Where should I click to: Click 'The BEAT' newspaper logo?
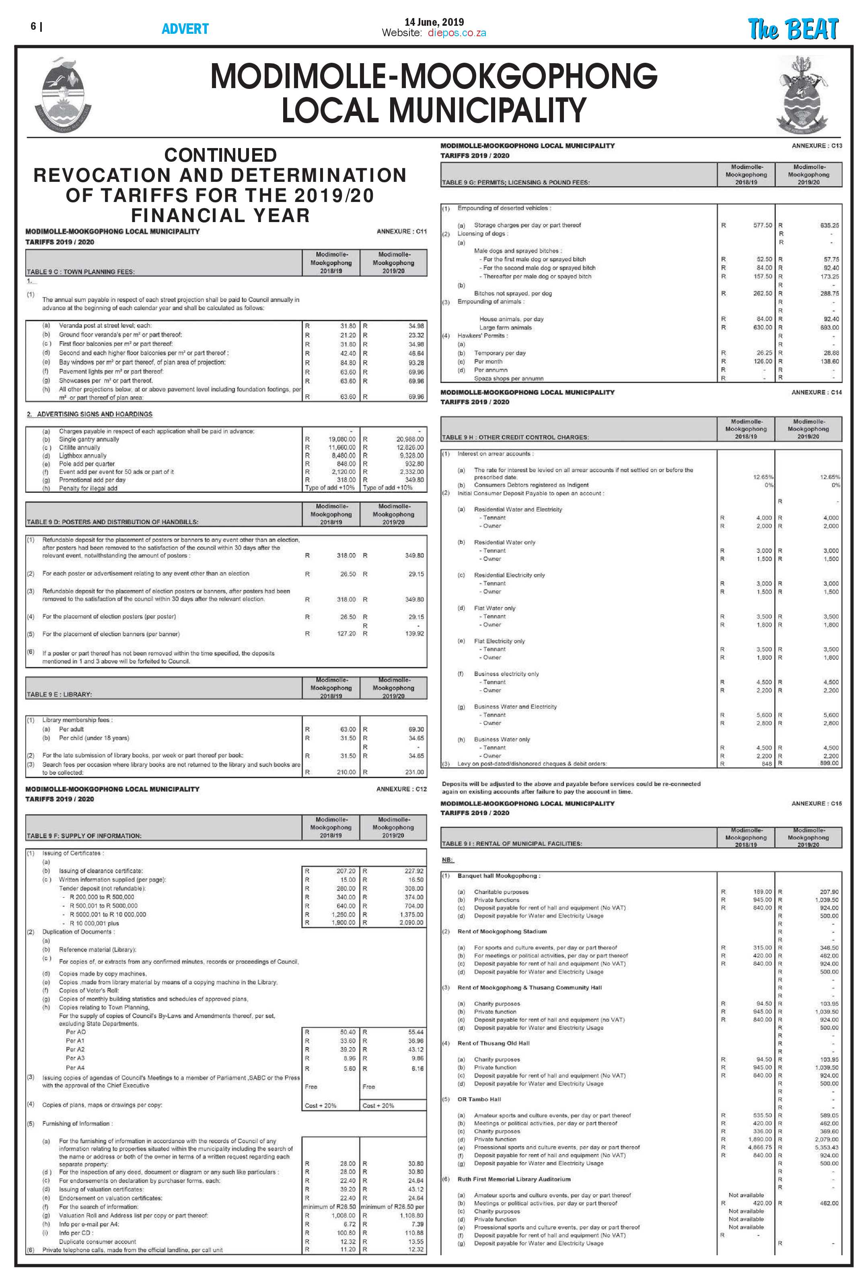coord(792,29)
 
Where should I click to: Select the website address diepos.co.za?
coord(457,33)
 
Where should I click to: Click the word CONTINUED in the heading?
coord(220,155)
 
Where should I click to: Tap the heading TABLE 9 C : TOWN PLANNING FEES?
coord(80,272)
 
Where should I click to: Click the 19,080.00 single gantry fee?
coord(342,439)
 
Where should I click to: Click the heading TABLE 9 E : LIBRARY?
coord(59,694)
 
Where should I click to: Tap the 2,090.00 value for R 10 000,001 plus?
coord(411,923)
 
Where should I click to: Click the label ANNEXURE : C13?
coord(817,146)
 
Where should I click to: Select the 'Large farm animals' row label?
coord(506,327)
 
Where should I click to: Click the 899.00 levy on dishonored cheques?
coord(829,763)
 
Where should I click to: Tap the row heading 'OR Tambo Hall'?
coord(479,1099)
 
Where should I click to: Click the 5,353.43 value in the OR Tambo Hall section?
coord(827,1147)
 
